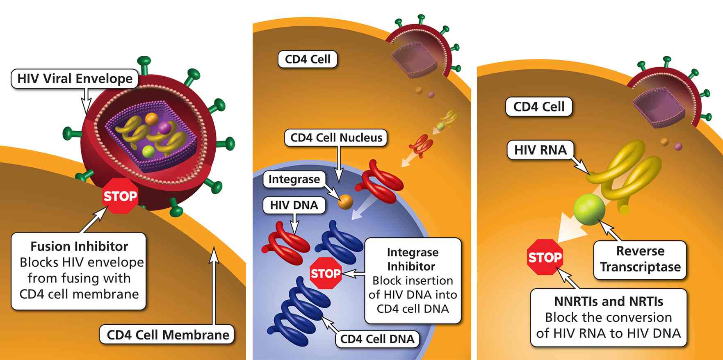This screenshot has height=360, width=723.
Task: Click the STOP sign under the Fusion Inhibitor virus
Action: point(120,196)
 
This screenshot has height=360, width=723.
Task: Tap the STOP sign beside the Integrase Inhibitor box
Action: point(326,273)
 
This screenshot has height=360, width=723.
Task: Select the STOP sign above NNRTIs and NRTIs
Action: point(544,257)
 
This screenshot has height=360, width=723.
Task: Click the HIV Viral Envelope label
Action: point(75,79)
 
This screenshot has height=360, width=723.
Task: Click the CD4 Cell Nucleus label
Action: point(336,138)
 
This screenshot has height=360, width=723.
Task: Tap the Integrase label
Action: point(294,179)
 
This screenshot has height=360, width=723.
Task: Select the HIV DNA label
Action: point(294,205)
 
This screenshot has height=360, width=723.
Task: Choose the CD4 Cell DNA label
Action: point(377,339)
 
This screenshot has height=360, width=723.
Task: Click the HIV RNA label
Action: point(540,150)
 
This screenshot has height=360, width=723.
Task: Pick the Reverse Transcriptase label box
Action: point(640,259)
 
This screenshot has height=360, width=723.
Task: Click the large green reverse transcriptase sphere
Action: point(589,209)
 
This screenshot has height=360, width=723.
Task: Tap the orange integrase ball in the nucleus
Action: point(345,201)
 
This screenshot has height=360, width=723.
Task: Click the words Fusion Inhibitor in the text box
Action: point(79,246)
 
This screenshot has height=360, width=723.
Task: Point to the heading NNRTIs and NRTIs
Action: point(608,302)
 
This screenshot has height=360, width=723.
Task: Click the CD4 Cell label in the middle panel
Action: point(307,59)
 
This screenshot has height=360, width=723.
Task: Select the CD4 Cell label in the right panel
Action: point(538,107)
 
